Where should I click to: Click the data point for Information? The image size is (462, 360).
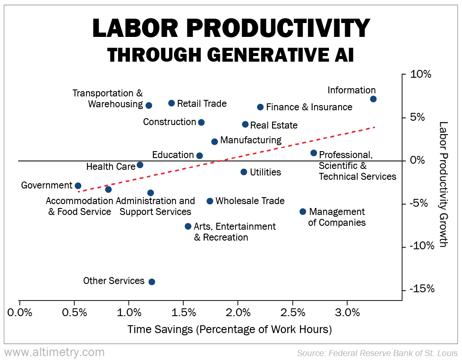373,99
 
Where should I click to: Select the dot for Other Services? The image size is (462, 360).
152,282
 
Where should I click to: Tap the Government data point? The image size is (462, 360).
78,186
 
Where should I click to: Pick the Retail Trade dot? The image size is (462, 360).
171,103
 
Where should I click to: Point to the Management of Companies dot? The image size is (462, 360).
302,211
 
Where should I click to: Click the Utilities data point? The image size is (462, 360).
244,172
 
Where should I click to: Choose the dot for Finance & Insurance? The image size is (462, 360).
260,107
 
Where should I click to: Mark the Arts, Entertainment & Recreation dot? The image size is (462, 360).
188,226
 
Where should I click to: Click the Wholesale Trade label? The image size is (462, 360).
250,201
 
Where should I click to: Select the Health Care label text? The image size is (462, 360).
111,166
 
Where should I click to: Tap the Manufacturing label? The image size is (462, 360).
251,140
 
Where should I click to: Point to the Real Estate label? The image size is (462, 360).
274,126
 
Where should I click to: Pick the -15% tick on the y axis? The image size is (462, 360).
421,290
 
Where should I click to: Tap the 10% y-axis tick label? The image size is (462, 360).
421,74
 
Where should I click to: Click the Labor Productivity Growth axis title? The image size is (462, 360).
443,184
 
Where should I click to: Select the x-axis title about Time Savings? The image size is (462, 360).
229,330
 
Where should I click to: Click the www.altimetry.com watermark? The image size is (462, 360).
54,352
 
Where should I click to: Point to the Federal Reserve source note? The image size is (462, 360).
377,353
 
